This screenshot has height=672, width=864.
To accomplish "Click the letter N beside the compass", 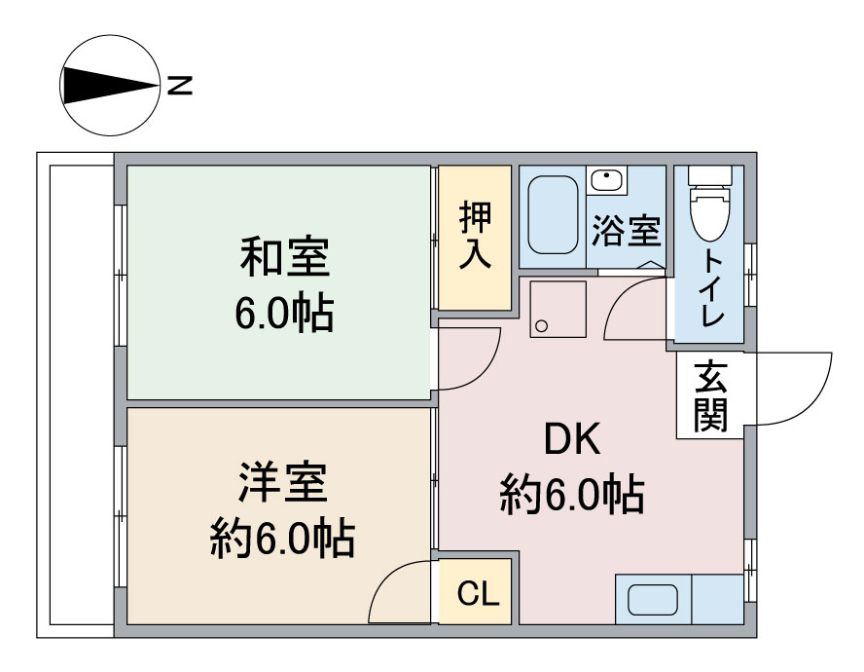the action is click(180, 86).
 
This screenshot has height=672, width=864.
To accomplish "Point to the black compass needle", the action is click(111, 86).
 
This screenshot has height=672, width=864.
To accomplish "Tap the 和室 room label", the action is click(285, 257).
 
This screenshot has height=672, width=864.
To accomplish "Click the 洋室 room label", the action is click(283, 483).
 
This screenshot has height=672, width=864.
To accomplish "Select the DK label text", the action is click(572, 438).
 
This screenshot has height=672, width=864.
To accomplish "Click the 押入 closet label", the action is click(475, 235).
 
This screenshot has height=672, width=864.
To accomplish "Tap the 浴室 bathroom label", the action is click(626, 231).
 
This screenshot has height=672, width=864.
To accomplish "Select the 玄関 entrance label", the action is click(710, 396).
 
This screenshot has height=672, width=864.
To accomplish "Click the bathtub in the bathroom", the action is click(553, 214).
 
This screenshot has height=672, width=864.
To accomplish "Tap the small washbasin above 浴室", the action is click(607, 179).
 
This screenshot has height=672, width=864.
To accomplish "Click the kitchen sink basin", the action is click(653, 599).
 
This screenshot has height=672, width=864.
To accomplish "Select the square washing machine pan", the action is click(558, 309).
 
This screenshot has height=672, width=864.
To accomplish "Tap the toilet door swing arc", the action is click(623, 297).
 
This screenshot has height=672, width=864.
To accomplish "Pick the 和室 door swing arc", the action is click(485, 370).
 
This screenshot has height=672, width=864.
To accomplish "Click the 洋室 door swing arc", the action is click(385, 579).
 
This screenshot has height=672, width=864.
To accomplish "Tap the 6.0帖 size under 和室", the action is click(284, 314).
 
